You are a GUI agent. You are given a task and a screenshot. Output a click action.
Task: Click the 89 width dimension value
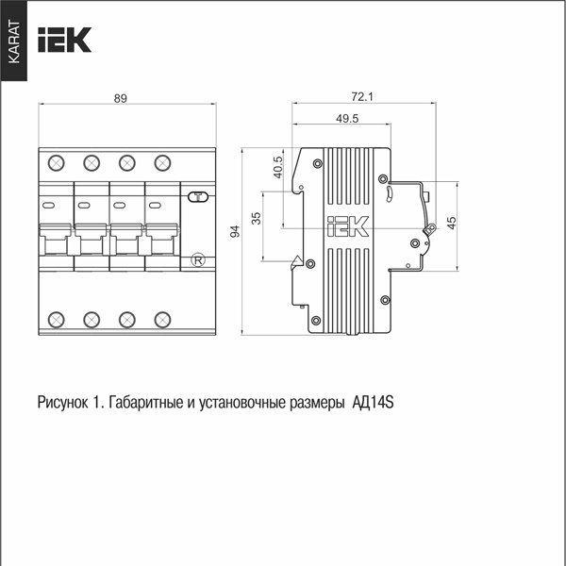(121, 98)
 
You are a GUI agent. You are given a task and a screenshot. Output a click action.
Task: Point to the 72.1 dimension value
(362, 97)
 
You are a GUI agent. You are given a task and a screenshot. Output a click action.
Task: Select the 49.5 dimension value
(347, 119)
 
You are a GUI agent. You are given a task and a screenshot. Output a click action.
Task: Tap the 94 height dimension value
(235, 231)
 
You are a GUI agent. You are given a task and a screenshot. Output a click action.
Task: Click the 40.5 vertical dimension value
(278, 167)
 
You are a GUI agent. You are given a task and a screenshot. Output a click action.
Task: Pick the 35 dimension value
(256, 218)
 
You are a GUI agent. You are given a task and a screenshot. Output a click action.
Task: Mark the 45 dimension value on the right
(451, 223)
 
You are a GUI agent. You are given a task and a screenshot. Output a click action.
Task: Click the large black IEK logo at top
(64, 40)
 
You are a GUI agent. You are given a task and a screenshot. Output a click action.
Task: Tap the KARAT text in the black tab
(14, 42)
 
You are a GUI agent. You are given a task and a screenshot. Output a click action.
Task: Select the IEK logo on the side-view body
(347, 226)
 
